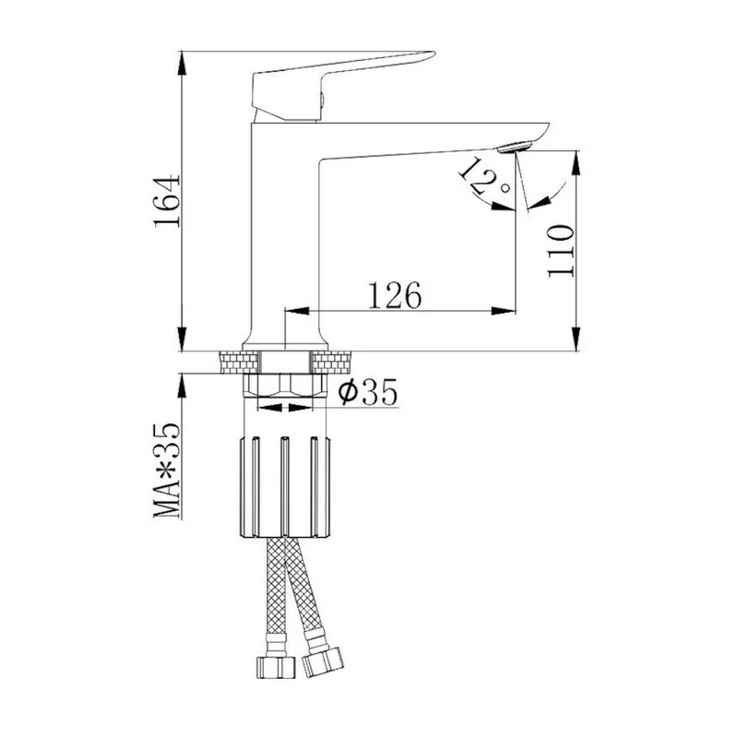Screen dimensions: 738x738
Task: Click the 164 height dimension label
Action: pyautogui.click(x=168, y=201)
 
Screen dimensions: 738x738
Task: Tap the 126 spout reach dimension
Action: pyautogui.click(x=395, y=295)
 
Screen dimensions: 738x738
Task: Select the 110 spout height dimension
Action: pyautogui.click(x=561, y=251)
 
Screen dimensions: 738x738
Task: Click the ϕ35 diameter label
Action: pyautogui.click(x=368, y=391)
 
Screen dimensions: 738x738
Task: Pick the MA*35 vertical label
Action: pyautogui.click(x=167, y=470)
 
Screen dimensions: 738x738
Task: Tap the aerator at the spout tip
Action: pyautogui.click(x=515, y=147)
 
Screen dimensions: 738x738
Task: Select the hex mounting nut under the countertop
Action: pyautogui.click(x=285, y=385)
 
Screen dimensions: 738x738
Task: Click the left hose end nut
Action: pyautogui.click(x=276, y=667)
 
